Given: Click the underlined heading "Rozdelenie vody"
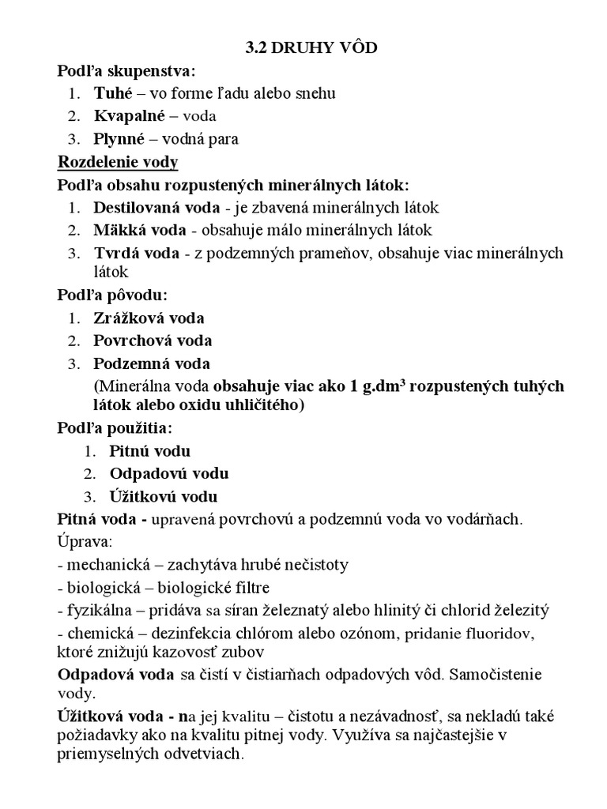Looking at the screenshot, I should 119,163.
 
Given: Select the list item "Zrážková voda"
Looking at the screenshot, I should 149,318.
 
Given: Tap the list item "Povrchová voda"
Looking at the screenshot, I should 153,341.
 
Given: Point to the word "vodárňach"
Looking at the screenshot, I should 486,520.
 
